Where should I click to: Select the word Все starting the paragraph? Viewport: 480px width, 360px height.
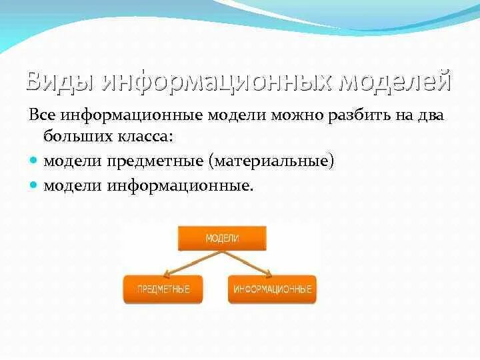tap(42, 115)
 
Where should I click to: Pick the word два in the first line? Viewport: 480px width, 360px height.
tap(429, 115)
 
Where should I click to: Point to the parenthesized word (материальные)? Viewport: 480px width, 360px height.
tap(271, 161)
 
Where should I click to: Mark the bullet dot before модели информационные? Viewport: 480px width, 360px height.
tap(35, 185)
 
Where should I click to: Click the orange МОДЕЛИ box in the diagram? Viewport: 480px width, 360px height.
tap(222, 238)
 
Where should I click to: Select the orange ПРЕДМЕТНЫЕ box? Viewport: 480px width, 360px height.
tap(163, 289)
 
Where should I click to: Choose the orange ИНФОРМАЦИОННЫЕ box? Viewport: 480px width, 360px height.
tap(272, 289)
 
